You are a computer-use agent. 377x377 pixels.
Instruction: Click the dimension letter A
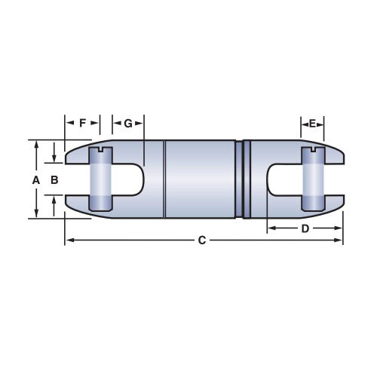point(35,180)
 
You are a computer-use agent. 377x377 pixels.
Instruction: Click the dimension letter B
point(54,180)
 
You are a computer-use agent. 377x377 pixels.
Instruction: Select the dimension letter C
point(201,241)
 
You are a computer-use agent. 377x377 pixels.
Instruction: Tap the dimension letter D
point(305,228)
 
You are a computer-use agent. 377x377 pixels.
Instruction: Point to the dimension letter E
point(312,123)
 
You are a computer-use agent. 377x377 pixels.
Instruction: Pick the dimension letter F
point(83,123)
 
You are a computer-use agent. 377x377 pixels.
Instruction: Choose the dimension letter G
point(128,123)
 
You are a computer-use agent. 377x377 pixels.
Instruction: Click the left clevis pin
point(100,180)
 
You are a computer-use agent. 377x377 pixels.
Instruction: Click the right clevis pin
point(312,180)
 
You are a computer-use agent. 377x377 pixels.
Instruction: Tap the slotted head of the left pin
point(100,151)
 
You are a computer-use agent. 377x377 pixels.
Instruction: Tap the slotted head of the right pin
point(312,151)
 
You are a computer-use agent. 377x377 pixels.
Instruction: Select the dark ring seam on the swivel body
point(243,179)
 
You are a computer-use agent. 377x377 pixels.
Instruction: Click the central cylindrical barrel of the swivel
point(200,179)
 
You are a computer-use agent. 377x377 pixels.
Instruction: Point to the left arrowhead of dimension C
point(68,241)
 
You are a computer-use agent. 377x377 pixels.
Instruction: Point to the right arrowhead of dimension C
point(340,241)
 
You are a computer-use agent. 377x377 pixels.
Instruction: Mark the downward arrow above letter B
point(54,159)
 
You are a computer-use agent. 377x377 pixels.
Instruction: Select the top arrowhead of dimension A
point(35,143)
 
